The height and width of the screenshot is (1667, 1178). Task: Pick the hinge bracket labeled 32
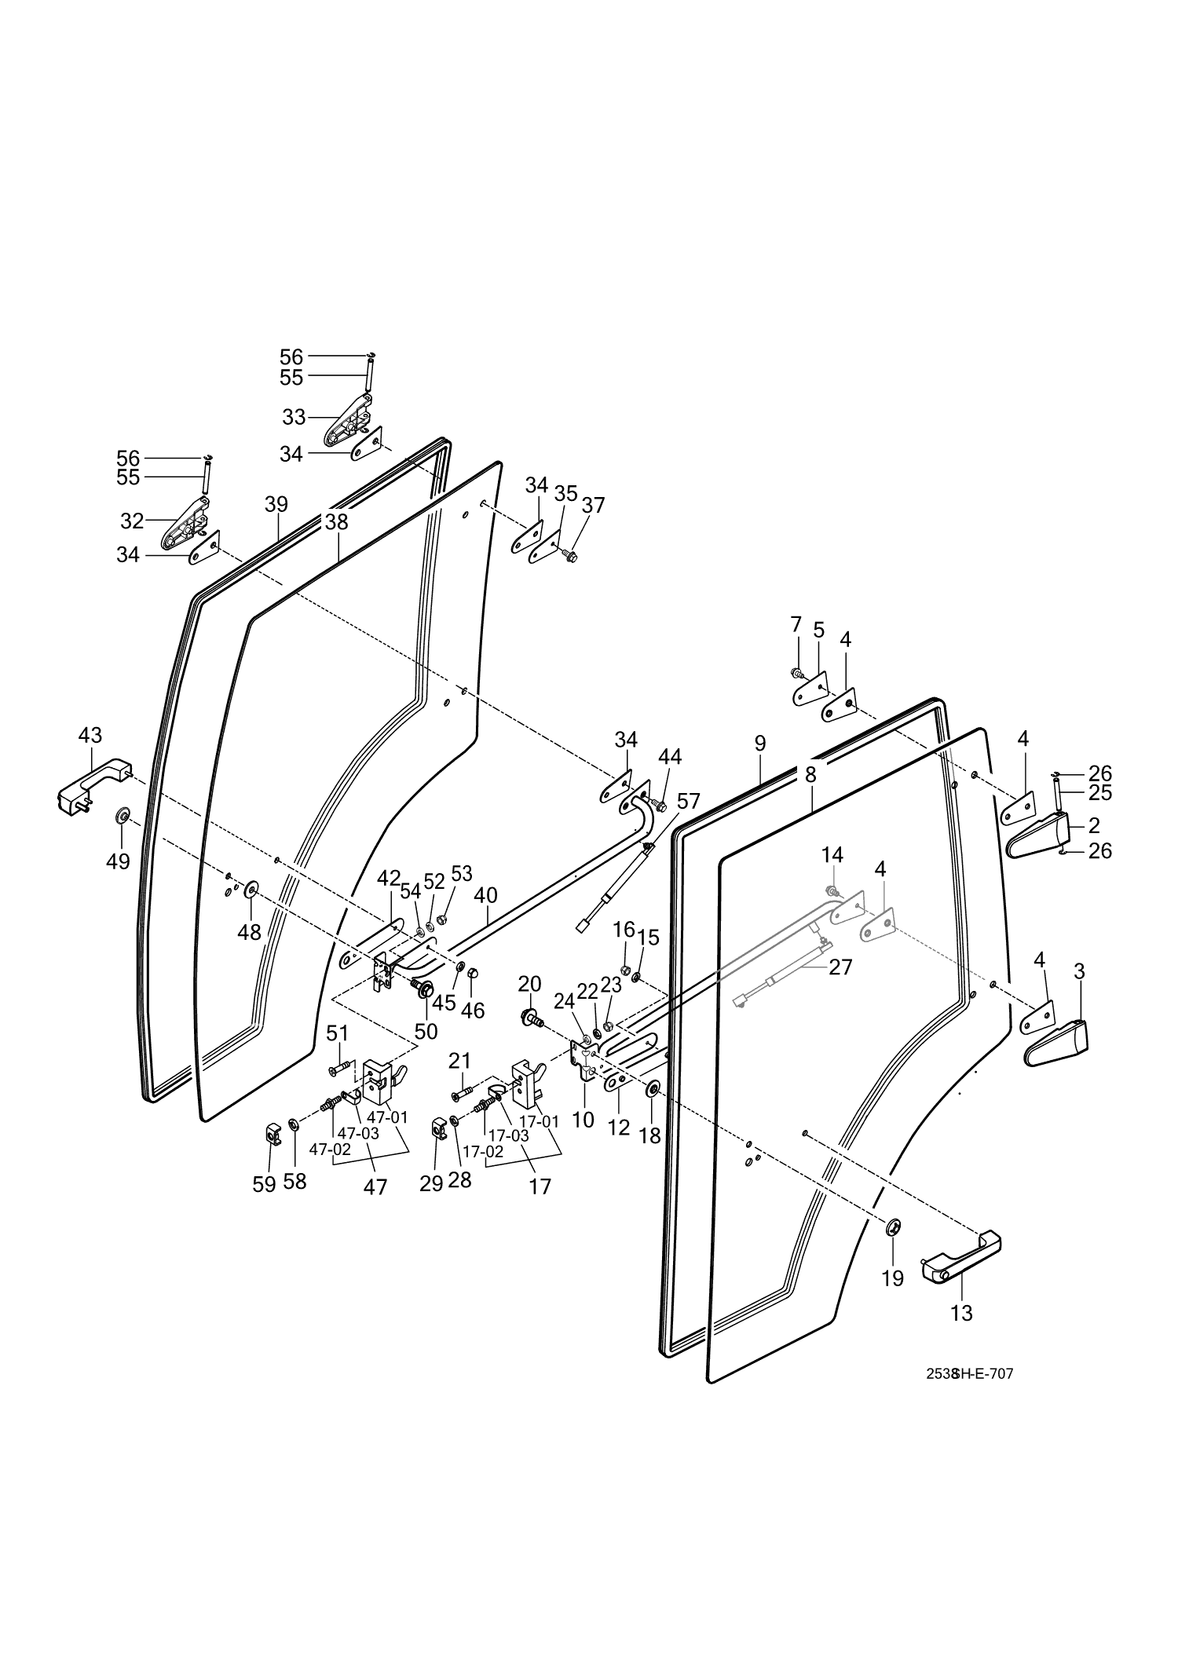[x=185, y=523]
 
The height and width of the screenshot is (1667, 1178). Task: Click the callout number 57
[x=687, y=802]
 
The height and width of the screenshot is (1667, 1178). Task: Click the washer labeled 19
[x=893, y=1226]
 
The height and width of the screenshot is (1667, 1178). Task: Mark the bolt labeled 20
[x=531, y=1018]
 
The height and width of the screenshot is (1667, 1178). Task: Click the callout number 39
[x=276, y=504]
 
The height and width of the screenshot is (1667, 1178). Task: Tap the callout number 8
[x=810, y=774]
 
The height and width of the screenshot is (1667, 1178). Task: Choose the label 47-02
[x=329, y=1149]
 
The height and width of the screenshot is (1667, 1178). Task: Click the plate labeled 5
[x=807, y=691]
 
